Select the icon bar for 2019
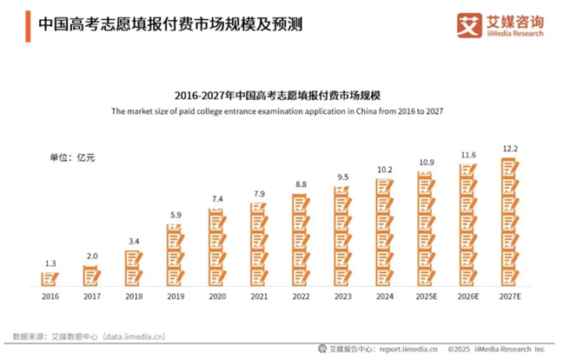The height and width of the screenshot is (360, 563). click(175, 254)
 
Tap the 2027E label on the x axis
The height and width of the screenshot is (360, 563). click(510, 296)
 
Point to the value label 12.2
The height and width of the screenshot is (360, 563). click(510, 149)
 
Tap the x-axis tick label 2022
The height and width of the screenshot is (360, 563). click(301, 296)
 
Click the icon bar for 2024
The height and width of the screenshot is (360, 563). click(384, 232)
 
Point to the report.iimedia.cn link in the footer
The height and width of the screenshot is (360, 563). click(402, 349)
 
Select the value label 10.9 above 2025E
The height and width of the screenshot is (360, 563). click(426, 163)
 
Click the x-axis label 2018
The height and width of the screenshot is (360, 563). click(133, 296)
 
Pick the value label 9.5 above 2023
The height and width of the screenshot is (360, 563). click(342, 177)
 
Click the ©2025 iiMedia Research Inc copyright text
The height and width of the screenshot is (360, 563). click(497, 349)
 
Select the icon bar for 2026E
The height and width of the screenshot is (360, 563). click(468, 225)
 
